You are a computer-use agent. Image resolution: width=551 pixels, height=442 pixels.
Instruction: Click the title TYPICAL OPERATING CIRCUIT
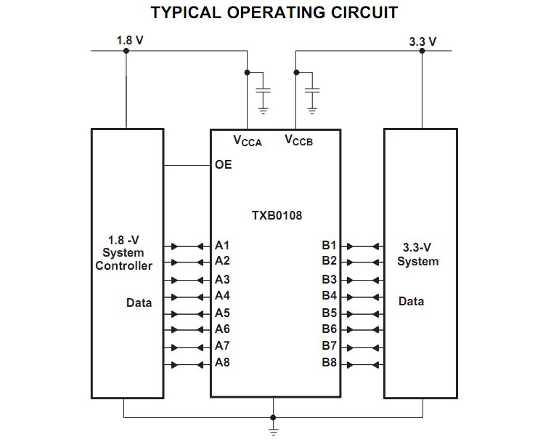click(274, 12)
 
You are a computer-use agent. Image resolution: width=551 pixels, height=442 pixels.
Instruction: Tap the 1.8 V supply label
click(130, 40)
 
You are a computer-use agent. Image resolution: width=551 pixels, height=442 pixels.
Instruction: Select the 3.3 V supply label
click(423, 41)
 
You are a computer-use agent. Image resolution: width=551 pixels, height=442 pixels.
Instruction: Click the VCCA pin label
click(247, 140)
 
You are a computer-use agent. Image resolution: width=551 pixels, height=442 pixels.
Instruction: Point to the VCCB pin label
click(298, 140)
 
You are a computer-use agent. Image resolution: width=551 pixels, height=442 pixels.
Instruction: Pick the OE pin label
click(224, 165)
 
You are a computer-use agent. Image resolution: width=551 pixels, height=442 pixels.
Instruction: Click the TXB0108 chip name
click(277, 216)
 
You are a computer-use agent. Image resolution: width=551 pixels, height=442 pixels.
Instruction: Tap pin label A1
click(222, 245)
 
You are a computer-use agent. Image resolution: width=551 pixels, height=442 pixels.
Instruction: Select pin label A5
click(222, 313)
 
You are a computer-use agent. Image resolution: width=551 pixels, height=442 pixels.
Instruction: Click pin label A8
click(222, 363)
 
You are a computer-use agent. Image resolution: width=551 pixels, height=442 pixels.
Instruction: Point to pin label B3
click(330, 279)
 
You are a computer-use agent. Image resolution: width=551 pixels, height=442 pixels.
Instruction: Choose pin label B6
click(330, 329)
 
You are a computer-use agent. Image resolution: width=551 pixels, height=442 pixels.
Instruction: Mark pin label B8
click(330, 363)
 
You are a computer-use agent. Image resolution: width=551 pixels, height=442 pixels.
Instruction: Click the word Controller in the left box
click(124, 266)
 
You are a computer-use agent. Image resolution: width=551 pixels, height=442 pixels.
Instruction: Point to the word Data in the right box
click(412, 301)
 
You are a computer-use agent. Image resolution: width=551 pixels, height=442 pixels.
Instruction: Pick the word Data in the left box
click(139, 302)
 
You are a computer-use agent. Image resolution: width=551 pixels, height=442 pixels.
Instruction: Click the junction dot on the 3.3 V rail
click(422, 51)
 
